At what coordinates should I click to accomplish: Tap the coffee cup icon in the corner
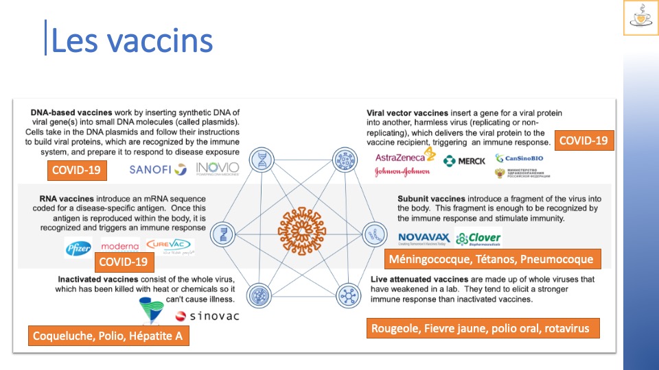tap(640, 18)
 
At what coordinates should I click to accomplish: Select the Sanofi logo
tap(158, 169)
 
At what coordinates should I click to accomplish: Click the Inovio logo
tap(218, 169)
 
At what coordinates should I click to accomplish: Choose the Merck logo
tap(464, 161)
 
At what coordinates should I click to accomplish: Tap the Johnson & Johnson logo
tap(402, 172)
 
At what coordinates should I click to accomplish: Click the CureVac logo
tap(170, 245)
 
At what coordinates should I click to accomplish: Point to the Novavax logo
tap(424, 238)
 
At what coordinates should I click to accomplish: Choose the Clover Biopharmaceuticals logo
tap(478, 238)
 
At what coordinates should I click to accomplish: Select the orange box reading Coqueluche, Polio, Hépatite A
tap(108, 336)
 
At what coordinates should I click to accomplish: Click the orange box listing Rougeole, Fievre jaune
tap(481, 328)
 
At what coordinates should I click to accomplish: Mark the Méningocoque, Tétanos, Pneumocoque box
tap(491, 260)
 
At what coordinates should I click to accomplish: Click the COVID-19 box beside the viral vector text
tap(583, 140)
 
